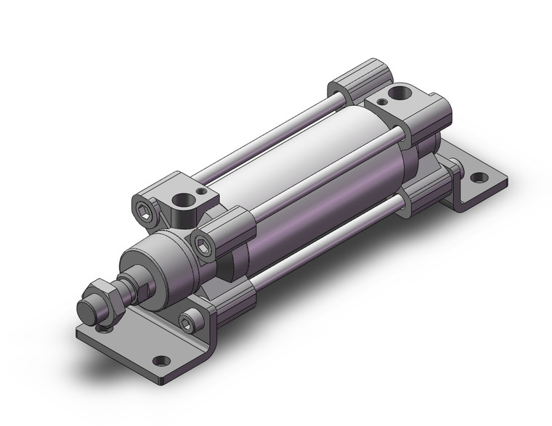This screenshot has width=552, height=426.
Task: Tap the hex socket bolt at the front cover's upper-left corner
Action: (143, 210)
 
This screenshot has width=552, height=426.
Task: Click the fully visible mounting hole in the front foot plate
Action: (158, 360)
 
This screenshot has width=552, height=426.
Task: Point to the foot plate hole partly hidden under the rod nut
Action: (109, 330)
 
